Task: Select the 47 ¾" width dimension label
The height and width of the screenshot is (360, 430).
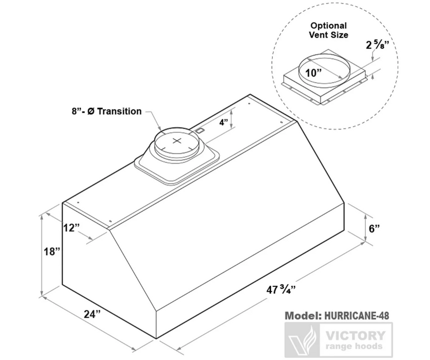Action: click(281, 289)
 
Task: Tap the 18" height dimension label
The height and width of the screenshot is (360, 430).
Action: click(52, 251)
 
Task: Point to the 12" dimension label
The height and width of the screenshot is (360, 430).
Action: click(71, 227)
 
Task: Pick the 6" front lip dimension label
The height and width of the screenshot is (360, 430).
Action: click(375, 228)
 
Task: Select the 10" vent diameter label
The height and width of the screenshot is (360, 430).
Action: click(313, 73)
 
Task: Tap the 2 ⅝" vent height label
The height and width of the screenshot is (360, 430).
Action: click(378, 44)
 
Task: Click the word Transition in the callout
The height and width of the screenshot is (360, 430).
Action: click(120, 111)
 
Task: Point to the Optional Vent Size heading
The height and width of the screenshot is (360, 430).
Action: click(328, 30)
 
